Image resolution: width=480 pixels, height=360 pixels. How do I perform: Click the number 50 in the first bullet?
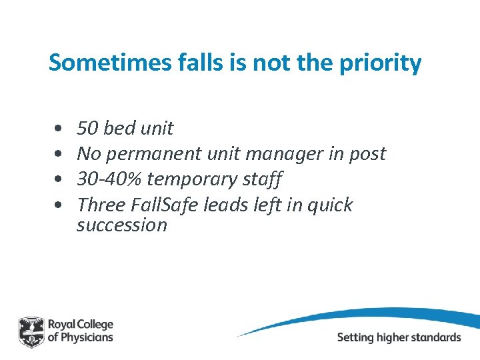coord(88,128)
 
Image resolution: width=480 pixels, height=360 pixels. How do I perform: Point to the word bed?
coord(121,128)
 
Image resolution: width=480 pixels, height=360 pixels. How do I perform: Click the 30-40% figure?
coord(109,179)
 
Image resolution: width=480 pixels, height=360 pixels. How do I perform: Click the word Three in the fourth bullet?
coord(99,205)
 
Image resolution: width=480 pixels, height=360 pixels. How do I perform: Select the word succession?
coord(122,225)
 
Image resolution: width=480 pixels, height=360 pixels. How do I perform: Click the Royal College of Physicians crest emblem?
coord(31,331)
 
